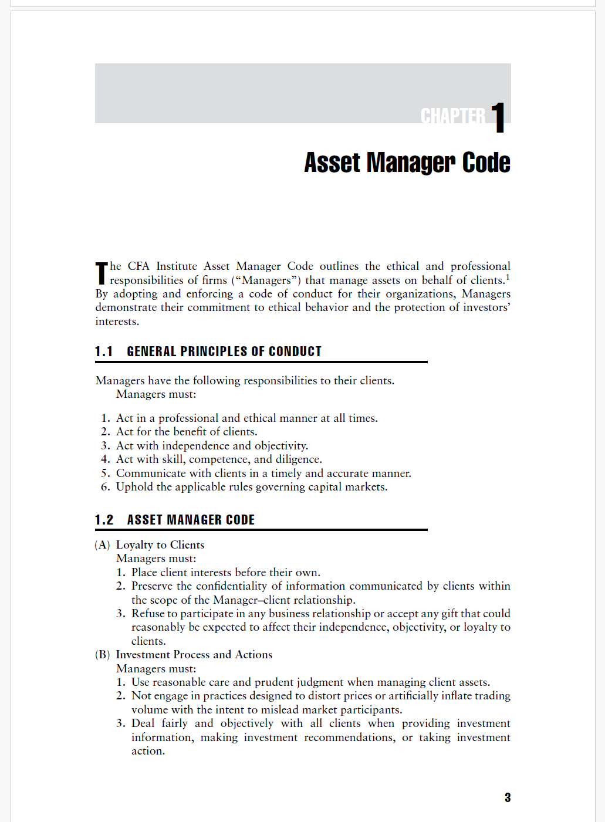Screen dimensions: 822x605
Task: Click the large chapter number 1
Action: pyautogui.click(x=498, y=117)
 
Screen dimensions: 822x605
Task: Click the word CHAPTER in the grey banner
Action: pyautogui.click(x=452, y=116)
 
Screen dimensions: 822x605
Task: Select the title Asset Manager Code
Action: pyautogui.click(x=407, y=163)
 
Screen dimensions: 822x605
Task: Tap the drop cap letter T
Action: pyautogui.click(x=102, y=273)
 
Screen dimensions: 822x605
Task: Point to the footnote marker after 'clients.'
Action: pyautogui.click(x=508, y=277)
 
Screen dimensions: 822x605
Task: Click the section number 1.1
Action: pyautogui.click(x=104, y=351)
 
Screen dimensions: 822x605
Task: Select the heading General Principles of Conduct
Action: pyautogui.click(x=224, y=351)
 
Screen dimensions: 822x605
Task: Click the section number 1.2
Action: pyautogui.click(x=104, y=520)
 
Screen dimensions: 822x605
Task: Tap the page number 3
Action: pyautogui.click(x=507, y=797)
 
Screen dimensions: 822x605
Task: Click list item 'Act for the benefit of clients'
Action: pyautogui.click(x=187, y=432)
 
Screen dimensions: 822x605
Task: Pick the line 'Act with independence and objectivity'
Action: pyautogui.click(x=212, y=446)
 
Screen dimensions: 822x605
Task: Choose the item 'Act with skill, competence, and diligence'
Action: pyautogui.click(x=219, y=459)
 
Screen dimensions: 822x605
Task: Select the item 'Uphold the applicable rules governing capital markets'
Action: pyautogui.click(x=252, y=487)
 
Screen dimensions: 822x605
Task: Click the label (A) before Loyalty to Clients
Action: pyautogui.click(x=102, y=545)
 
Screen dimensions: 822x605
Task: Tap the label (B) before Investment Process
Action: pyautogui.click(x=102, y=655)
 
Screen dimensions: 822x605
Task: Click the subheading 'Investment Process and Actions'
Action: pyautogui.click(x=194, y=655)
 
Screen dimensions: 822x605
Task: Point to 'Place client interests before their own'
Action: pyautogui.click(x=225, y=573)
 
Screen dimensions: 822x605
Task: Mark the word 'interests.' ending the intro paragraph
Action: pyautogui.click(x=117, y=322)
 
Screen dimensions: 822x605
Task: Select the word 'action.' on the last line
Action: pyautogui.click(x=148, y=751)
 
